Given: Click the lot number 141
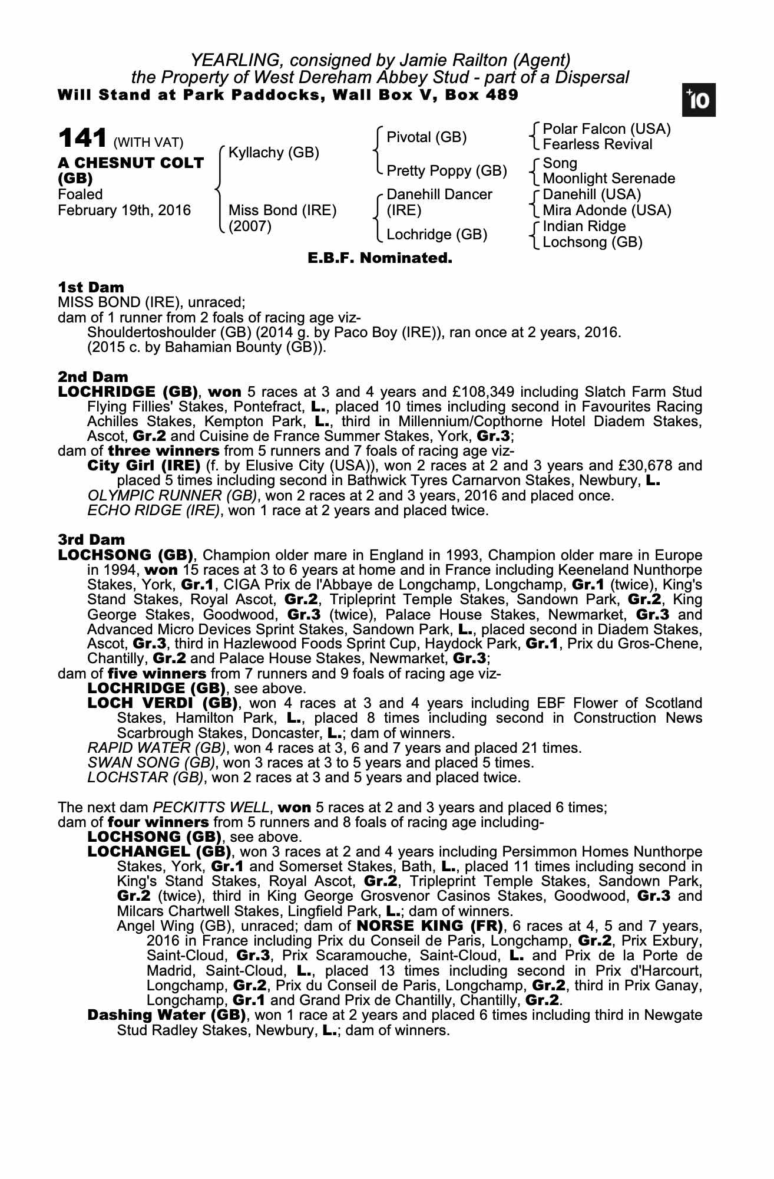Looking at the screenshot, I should coord(82,139).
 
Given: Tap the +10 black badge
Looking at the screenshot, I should coord(698,100).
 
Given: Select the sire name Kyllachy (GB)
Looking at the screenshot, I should coord(273,153).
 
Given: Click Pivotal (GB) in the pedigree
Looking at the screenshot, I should coord(426,137).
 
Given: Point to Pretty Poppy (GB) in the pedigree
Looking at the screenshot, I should coord(446,171).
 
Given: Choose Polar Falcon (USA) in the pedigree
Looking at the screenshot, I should coord(607,129).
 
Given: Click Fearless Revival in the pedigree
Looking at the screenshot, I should coord(597,145).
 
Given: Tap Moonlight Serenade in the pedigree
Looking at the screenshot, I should coord(608,179).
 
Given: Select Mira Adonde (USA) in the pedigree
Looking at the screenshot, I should coord(607,210).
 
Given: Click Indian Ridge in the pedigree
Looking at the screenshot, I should coord(584,226).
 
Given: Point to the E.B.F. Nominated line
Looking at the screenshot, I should coord(380,258).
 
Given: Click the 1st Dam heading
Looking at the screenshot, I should coord(91,288).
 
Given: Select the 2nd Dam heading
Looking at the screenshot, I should coord(92,377).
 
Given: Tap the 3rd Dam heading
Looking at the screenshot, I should coord(91,540).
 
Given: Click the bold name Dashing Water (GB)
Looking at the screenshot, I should coord(167,1015).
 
